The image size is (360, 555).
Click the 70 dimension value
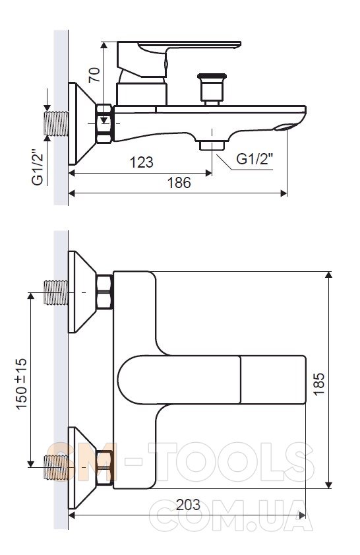click(x=94, y=75)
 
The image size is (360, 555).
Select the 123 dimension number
click(x=142, y=162)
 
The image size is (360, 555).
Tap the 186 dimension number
click(x=179, y=183)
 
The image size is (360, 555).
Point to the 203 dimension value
click(x=188, y=505)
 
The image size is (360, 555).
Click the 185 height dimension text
click(x=319, y=384)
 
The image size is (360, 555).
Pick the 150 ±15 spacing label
click(x=22, y=384)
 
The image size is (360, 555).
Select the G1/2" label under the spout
click(x=255, y=159)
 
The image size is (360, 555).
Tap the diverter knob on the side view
click(x=212, y=89)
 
